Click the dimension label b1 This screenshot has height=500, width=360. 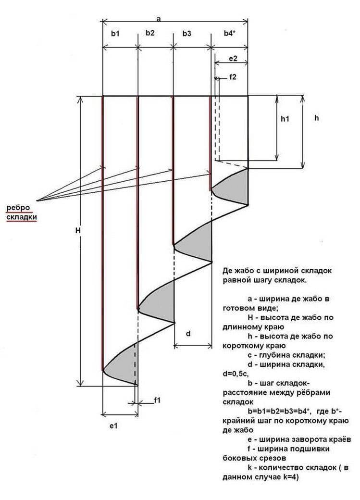tap(115, 33)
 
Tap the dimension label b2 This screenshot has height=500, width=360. tap(150, 33)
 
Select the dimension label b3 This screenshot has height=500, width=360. tap(187, 33)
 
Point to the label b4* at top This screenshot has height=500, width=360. tap(229, 33)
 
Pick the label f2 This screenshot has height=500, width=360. tap(233, 77)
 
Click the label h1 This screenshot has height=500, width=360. tap(285, 119)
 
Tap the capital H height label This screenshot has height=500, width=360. tap(78, 230)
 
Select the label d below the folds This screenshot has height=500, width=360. tap(188, 334)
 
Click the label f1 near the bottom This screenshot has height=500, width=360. tap(157, 400)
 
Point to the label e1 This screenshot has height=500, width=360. tap(113, 425)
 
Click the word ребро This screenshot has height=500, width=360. tap(18, 208)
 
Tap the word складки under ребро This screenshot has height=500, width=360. tap(22, 217)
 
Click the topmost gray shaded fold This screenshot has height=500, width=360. tap(233, 188)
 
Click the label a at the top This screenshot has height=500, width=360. tap(158, 19)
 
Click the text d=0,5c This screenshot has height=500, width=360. tap(236, 374)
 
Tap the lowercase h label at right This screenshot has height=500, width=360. tap(316, 118)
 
